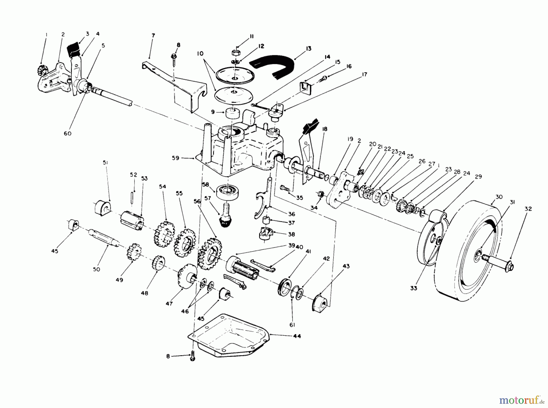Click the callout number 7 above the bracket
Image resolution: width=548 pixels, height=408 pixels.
coord(153,36)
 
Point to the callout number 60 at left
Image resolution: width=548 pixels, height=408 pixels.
coord(68,133)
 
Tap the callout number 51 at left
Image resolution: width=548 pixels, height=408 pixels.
coord(105,163)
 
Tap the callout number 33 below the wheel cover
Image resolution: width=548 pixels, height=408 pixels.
coord(413,288)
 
